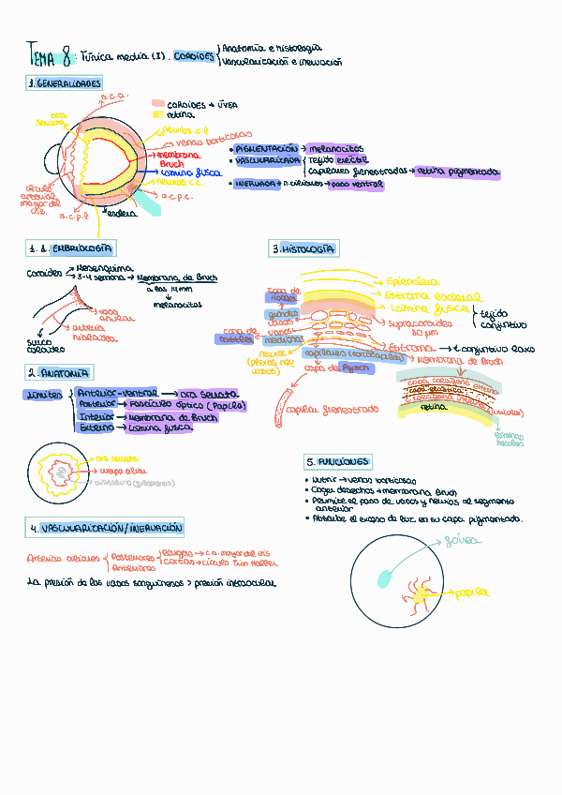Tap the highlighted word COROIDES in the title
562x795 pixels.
(194, 57)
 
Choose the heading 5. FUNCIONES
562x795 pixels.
(338, 462)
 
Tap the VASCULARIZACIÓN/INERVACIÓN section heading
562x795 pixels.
(105, 529)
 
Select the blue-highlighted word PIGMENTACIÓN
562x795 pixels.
(267, 148)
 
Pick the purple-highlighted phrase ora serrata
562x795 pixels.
(209, 394)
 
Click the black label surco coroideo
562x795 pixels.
(39, 346)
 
